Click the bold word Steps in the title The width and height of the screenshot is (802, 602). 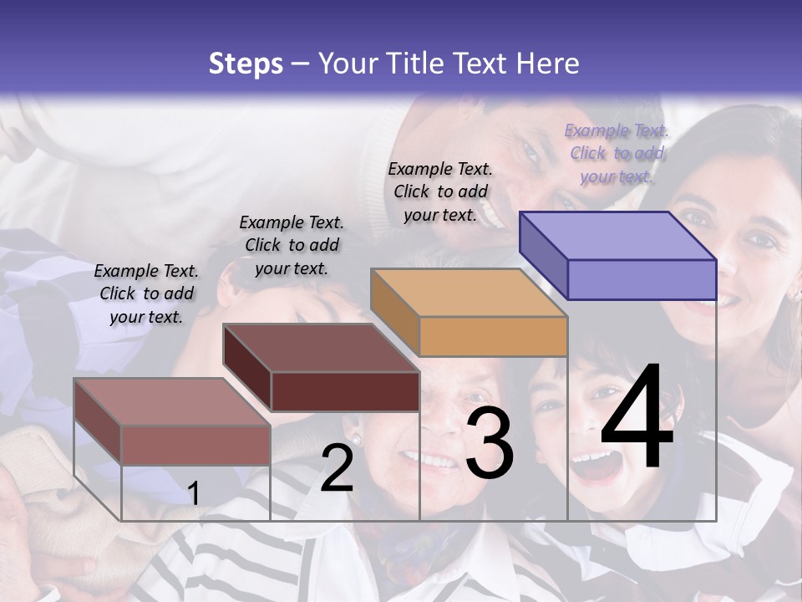pyautogui.click(x=246, y=64)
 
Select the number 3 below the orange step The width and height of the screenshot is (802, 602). pyautogui.click(x=490, y=443)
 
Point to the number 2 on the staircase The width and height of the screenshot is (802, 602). pyautogui.click(x=337, y=468)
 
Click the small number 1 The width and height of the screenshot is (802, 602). pyautogui.click(x=193, y=493)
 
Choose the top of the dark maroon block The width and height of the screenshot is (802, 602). pyautogui.click(x=321, y=347)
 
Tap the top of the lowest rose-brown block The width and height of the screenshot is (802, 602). pyautogui.click(x=172, y=401)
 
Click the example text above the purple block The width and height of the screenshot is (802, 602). pyautogui.click(x=617, y=153)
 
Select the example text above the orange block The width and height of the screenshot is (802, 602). pyautogui.click(x=440, y=191)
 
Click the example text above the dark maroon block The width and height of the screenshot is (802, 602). pyautogui.click(x=292, y=245)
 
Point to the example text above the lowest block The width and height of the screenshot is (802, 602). pyautogui.click(x=146, y=293)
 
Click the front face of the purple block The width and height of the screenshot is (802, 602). pyautogui.click(x=642, y=279)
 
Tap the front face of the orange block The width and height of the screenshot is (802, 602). pyautogui.click(x=493, y=336)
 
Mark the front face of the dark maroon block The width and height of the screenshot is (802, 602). pyautogui.click(x=345, y=391)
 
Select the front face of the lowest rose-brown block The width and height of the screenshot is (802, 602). pyautogui.click(x=195, y=445)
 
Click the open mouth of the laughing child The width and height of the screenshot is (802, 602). pyautogui.click(x=596, y=465)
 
